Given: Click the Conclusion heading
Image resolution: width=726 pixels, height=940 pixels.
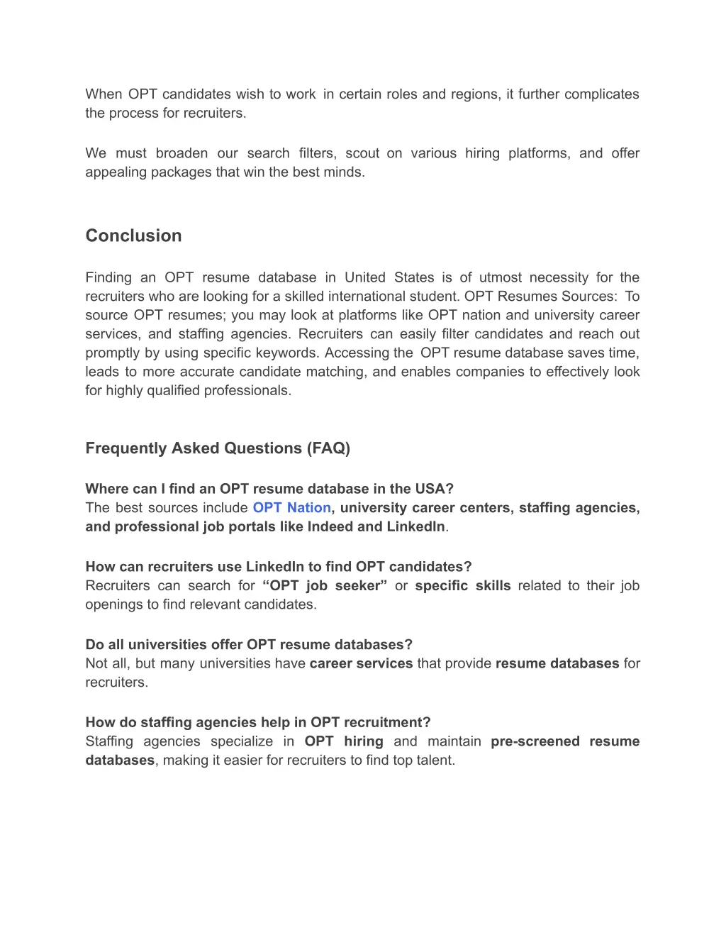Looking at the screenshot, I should [x=133, y=236].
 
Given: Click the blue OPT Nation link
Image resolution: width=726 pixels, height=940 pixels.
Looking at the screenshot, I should [x=291, y=508].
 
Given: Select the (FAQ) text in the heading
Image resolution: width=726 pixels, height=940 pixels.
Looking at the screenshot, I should [x=328, y=448].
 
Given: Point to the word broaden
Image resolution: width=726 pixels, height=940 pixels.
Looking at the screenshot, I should [x=182, y=153].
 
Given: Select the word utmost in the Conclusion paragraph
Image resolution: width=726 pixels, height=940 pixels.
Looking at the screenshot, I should [x=500, y=277].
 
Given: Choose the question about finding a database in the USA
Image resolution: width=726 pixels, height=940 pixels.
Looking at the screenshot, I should [x=269, y=489].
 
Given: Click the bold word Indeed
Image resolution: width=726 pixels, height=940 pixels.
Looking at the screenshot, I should [x=330, y=527].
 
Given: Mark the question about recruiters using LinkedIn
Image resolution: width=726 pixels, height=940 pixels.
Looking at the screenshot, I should [x=278, y=567].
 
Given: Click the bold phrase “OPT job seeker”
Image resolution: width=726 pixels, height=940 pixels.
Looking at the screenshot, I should [x=325, y=586].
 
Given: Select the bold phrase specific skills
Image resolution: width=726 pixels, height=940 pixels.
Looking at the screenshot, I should [x=463, y=586].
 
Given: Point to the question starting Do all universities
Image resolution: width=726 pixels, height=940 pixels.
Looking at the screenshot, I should [x=249, y=645].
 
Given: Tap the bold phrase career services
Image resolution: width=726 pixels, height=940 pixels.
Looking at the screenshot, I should [x=361, y=664].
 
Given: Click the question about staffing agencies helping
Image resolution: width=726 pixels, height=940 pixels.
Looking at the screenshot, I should [x=258, y=723].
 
